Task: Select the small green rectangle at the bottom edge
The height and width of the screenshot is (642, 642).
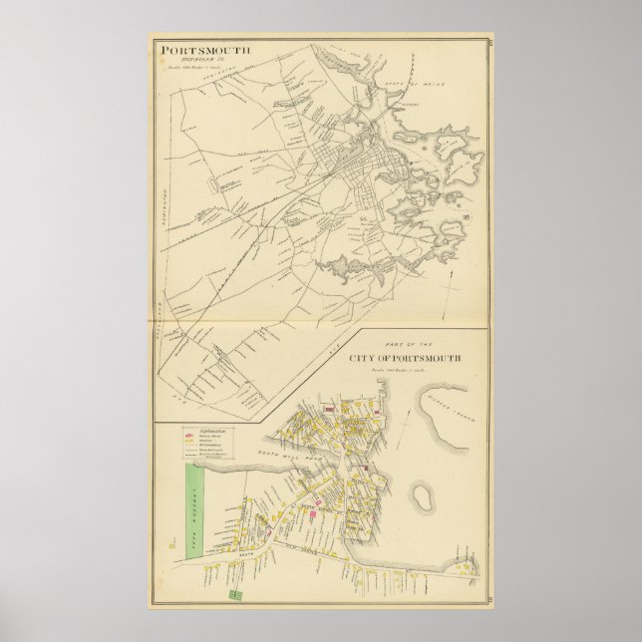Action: coord(236,595)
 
